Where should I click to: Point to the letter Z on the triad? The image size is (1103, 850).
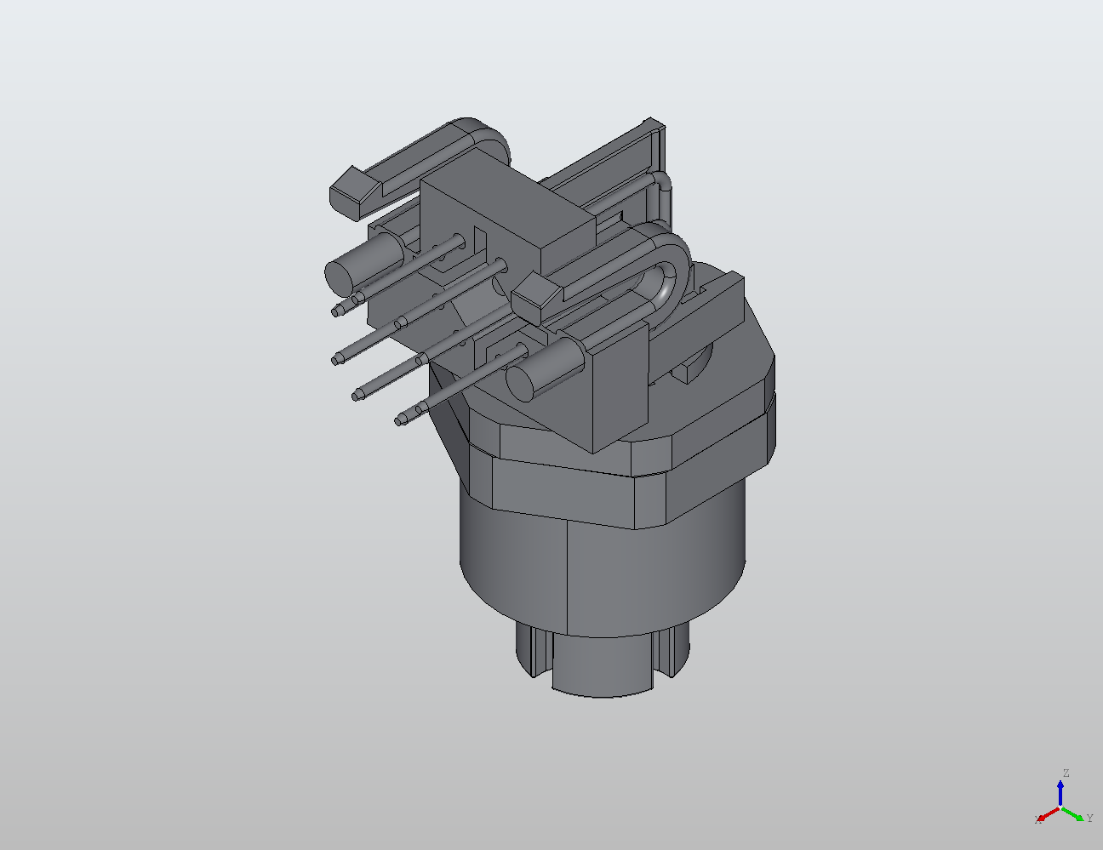(x=1065, y=773)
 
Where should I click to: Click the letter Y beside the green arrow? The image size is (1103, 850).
(x=1089, y=819)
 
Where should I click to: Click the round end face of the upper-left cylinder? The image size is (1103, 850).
(x=340, y=274)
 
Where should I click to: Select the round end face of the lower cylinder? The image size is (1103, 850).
(x=522, y=380)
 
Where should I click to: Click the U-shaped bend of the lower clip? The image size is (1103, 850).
(x=669, y=272)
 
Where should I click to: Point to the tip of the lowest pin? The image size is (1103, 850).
(x=400, y=419)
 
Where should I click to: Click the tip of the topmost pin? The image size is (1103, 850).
(x=338, y=311)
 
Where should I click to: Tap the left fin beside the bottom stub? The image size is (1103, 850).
(x=529, y=651)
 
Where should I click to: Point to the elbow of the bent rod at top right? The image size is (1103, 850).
(x=663, y=180)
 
